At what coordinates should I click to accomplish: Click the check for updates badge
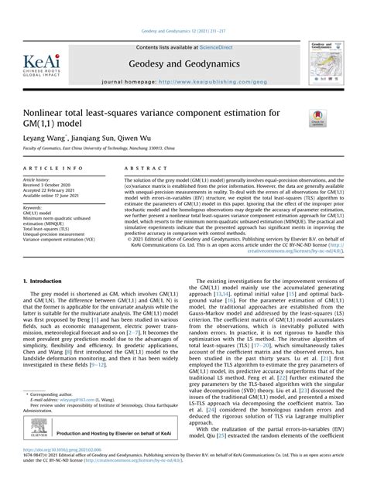click(x=317, y=119)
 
